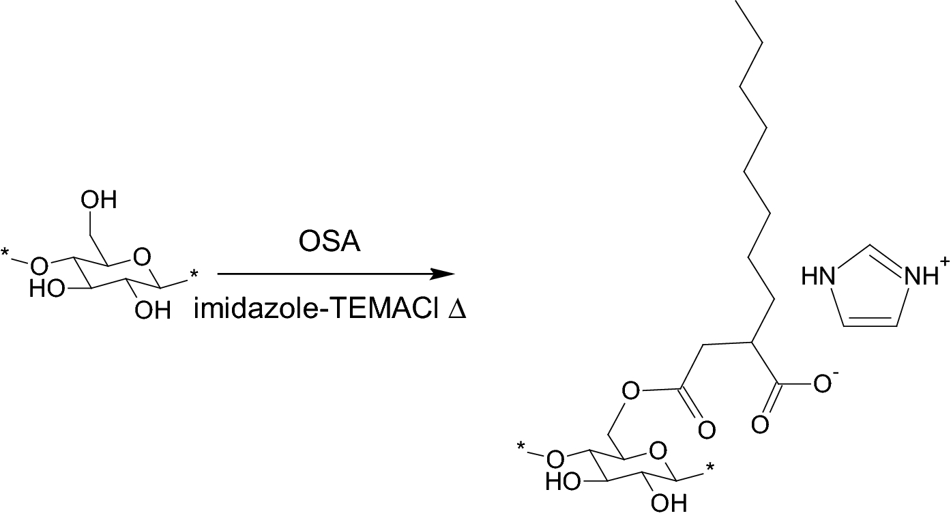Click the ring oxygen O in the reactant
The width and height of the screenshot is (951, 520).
pos(141,258)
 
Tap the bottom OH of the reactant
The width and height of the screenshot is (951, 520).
pos(151,311)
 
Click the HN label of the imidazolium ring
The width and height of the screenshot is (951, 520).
pos(817,277)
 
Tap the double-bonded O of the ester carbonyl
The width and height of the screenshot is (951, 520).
pos(707,430)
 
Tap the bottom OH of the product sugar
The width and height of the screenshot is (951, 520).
pos(669,504)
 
